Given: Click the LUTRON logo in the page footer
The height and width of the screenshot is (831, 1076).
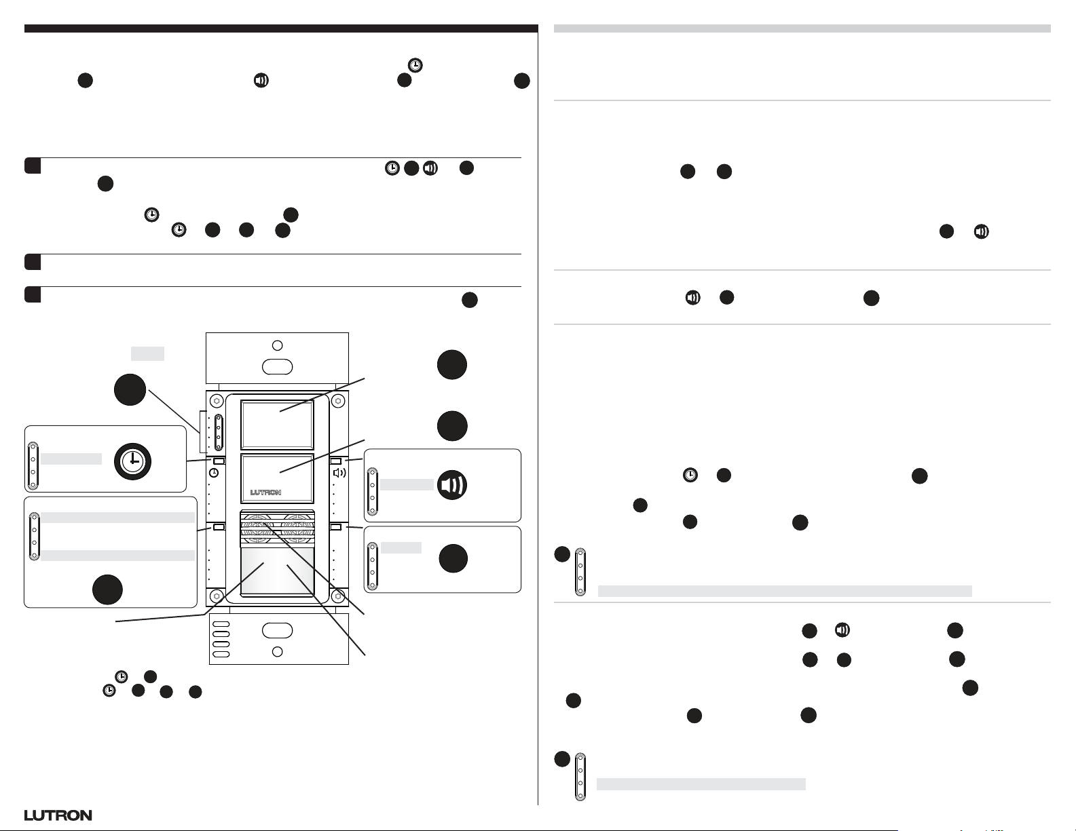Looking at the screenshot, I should coord(58,815).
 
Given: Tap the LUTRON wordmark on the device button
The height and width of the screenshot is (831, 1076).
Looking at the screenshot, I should coord(265,492).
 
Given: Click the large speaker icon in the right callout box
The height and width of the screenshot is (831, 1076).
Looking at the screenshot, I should coord(452,485).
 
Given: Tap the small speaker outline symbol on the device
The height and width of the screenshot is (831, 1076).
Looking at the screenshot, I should coord(339,472).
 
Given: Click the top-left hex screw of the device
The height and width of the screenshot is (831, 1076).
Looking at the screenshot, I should coord(216,400).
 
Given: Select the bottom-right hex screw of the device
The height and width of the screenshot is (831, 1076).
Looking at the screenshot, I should coord(337,597).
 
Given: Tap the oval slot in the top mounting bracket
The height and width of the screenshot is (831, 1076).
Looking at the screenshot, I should coord(277,367).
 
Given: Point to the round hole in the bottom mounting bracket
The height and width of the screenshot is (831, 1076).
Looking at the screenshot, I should coord(277,652).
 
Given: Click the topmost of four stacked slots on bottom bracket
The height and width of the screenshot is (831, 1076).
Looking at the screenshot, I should coord(221,624).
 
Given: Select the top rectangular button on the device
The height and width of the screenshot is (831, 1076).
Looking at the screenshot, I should coord(277,424).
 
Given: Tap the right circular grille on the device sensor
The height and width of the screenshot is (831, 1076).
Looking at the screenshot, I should coord(297,526).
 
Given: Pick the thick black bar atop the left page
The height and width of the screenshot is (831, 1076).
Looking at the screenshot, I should coord(281,28).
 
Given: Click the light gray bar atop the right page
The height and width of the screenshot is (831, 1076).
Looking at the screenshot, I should coord(802,28).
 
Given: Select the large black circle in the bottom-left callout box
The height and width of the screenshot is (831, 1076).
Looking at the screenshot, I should coord(107,590).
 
